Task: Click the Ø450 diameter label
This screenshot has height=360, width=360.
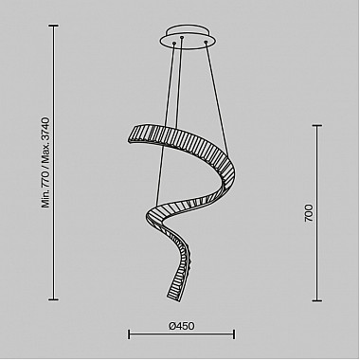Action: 182,326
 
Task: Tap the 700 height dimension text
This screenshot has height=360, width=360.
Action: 309,213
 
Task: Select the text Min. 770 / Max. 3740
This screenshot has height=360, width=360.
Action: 45,162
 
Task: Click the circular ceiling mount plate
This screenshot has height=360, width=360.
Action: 189,37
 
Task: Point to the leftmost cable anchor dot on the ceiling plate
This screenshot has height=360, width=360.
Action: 173,43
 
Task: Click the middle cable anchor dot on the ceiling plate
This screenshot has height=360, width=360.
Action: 182,38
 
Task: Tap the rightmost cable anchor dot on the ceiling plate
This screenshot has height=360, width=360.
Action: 206,42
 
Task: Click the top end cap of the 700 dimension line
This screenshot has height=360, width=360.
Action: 317,125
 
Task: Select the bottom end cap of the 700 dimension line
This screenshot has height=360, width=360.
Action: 317,300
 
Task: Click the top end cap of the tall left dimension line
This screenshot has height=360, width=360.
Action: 53,26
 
